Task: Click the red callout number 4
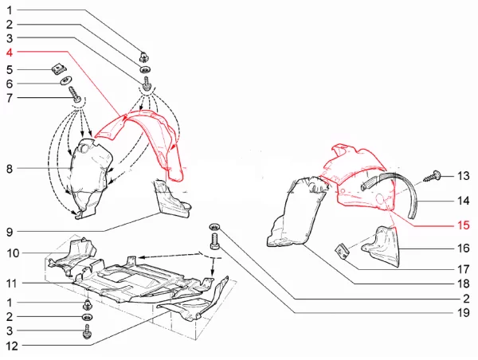point(10,53)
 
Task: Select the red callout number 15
point(463,225)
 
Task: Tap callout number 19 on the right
point(464,312)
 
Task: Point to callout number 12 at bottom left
point(12,346)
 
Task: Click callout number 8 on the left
point(10,169)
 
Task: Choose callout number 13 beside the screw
point(464,175)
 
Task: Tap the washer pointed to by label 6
point(65,80)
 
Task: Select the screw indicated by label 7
point(75,95)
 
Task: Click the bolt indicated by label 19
point(214,241)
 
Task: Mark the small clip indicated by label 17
point(341,252)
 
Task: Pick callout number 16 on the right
point(464,248)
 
